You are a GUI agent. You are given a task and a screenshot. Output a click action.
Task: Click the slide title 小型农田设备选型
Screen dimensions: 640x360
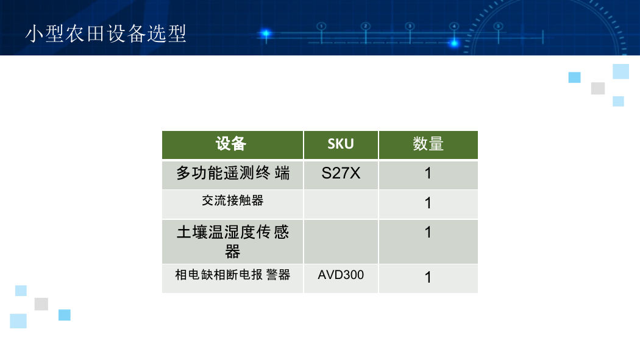click(x=105, y=34)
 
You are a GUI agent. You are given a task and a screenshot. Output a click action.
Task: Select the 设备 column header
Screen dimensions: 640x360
click(x=233, y=145)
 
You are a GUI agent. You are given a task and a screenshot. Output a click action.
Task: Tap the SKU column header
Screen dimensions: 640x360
click(x=341, y=145)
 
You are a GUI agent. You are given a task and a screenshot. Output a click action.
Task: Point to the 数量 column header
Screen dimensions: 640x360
click(x=428, y=145)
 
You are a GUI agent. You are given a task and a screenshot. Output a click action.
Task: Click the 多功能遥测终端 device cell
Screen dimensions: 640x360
click(x=233, y=175)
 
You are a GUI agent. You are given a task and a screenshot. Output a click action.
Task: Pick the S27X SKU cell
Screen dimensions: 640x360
click(x=341, y=175)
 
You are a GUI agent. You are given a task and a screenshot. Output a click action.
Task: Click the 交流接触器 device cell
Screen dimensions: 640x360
click(x=233, y=205)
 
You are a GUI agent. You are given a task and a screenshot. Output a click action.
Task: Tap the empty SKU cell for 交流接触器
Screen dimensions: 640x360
click(x=341, y=205)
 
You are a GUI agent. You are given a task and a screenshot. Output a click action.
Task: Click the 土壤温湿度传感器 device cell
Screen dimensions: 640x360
click(x=233, y=242)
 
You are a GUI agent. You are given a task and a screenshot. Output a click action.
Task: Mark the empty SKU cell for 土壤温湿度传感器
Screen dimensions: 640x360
click(x=341, y=242)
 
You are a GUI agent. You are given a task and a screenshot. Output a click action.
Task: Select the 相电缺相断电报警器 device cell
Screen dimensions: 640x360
click(x=233, y=279)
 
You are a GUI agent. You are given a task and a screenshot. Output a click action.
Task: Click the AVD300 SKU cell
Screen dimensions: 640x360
click(x=341, y=279)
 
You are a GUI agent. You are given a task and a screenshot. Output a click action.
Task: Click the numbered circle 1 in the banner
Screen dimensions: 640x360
click(x=321, y=27)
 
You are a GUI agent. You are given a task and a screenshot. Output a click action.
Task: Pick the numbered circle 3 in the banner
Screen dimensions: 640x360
click(x=410, y=27)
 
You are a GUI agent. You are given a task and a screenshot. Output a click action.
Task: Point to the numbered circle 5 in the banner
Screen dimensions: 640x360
click(x=499, y=27)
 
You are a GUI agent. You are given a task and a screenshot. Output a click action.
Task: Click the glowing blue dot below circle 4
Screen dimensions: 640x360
click(x=454, y=43)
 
